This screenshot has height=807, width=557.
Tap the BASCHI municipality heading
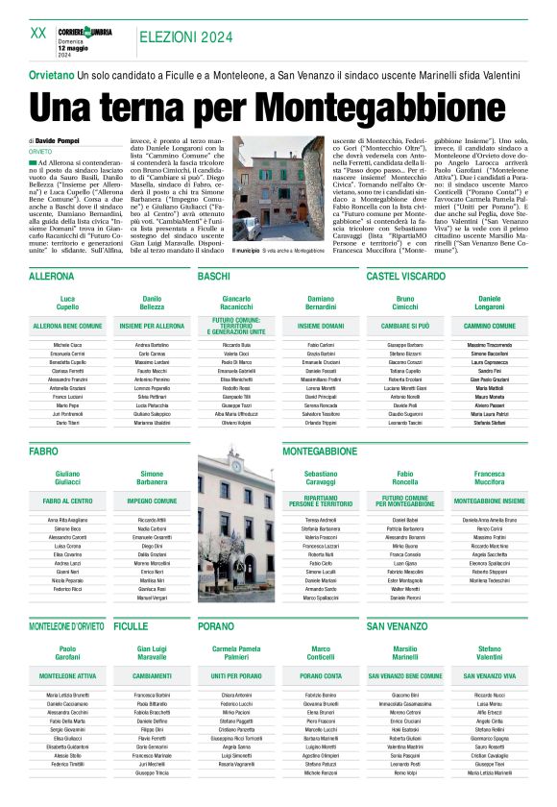(x=213, y=277)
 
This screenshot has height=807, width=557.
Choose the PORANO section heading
(x=215, y=625)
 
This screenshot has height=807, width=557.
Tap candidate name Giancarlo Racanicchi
(x=236, y=305)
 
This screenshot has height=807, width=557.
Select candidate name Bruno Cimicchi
(x=406, y=305)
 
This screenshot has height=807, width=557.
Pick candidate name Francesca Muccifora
(x=490, y=478)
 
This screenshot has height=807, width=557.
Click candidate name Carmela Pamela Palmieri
(x=236, y=654)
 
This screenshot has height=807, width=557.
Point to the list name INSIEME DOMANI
(x=321, y=327)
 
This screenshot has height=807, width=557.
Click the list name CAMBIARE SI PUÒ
(x=406, y=327)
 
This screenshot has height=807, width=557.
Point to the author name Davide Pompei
(x=61, y=139)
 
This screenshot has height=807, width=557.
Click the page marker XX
(x=38, y=33)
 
